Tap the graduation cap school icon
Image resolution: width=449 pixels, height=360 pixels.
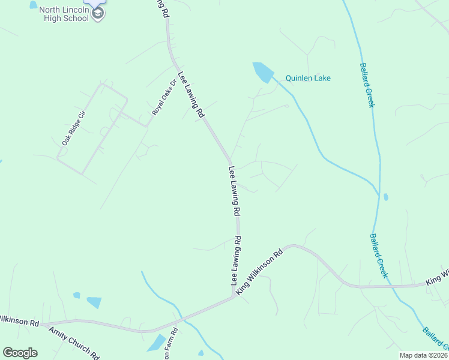click(98, 13)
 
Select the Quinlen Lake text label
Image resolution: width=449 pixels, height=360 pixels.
click(308, 78)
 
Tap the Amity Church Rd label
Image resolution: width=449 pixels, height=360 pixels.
click(74, 343)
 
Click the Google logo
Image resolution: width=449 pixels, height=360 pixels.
click(20, 353)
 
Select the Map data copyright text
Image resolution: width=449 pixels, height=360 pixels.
click(424, 355)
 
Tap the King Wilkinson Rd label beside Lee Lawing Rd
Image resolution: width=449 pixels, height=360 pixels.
click(259, 272)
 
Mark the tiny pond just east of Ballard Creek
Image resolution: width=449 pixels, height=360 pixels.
click(385, 196)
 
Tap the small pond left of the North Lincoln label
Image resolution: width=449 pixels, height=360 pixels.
click(33, 5)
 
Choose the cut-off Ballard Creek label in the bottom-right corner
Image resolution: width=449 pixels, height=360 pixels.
click(434, 339)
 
